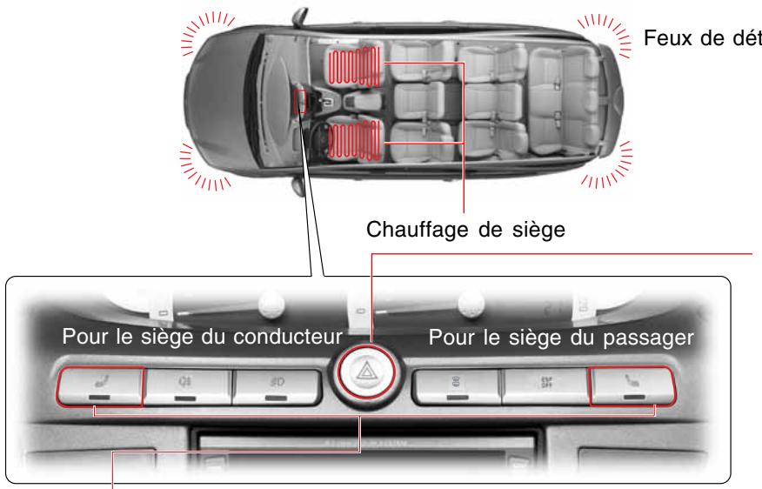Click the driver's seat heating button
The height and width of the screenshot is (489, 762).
[x=101, y=386]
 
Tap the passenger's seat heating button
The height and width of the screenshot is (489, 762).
[x=631, y=385]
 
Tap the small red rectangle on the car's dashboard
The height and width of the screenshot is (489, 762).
[x=300, y=101]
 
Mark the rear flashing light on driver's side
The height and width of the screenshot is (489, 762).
[x=607, y=167]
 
